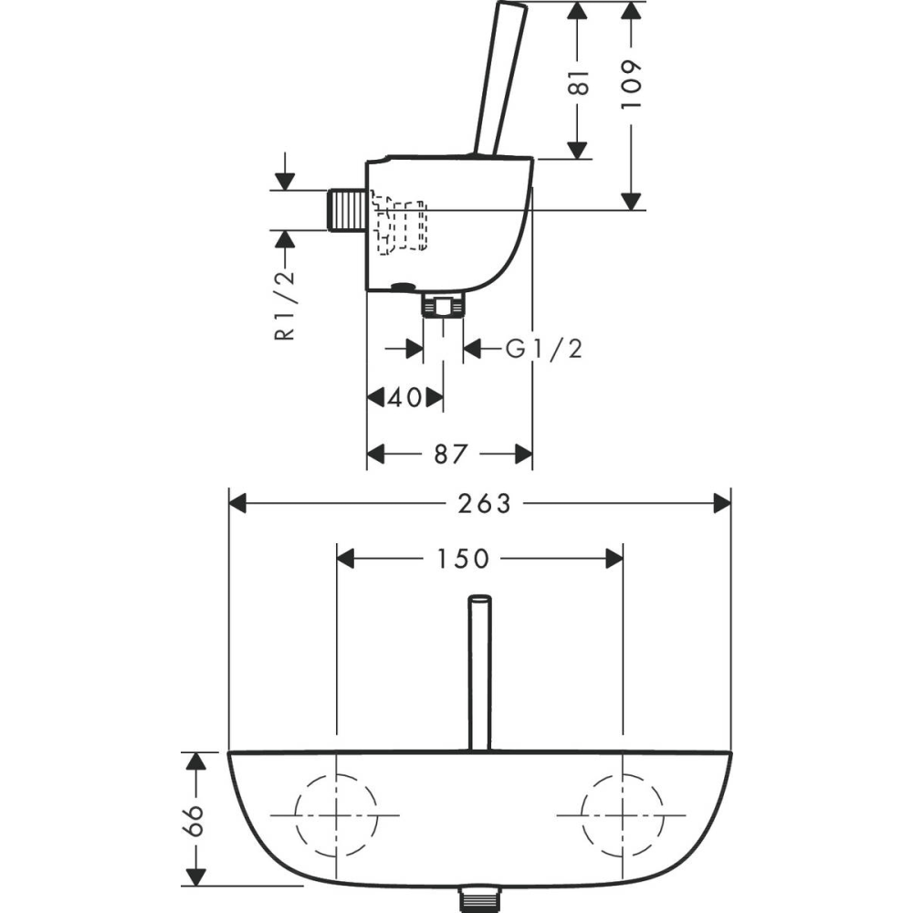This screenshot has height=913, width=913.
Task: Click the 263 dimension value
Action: click(484, 504)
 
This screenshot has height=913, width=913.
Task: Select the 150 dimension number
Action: click(464, 559)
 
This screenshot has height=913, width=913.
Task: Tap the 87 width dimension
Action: click(451, 454)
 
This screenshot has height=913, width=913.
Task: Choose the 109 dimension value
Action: click(630, 83)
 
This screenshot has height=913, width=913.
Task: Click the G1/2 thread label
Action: click(544, 350)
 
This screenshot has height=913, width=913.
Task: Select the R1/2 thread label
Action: click(285, 306)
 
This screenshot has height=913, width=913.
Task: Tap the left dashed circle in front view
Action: click(296, 815)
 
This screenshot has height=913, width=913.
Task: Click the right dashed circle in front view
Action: click(581, 815)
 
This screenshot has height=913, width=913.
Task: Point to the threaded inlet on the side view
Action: click(347, 210)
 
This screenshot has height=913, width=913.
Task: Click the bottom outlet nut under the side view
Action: click(444, 305)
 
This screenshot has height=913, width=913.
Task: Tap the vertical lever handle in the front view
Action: click(480, 673)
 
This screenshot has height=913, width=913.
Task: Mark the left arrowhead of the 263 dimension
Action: click(237, 504)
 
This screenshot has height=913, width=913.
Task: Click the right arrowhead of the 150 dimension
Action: click(614, 559)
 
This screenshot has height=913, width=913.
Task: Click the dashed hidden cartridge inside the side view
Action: click(400, 224)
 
